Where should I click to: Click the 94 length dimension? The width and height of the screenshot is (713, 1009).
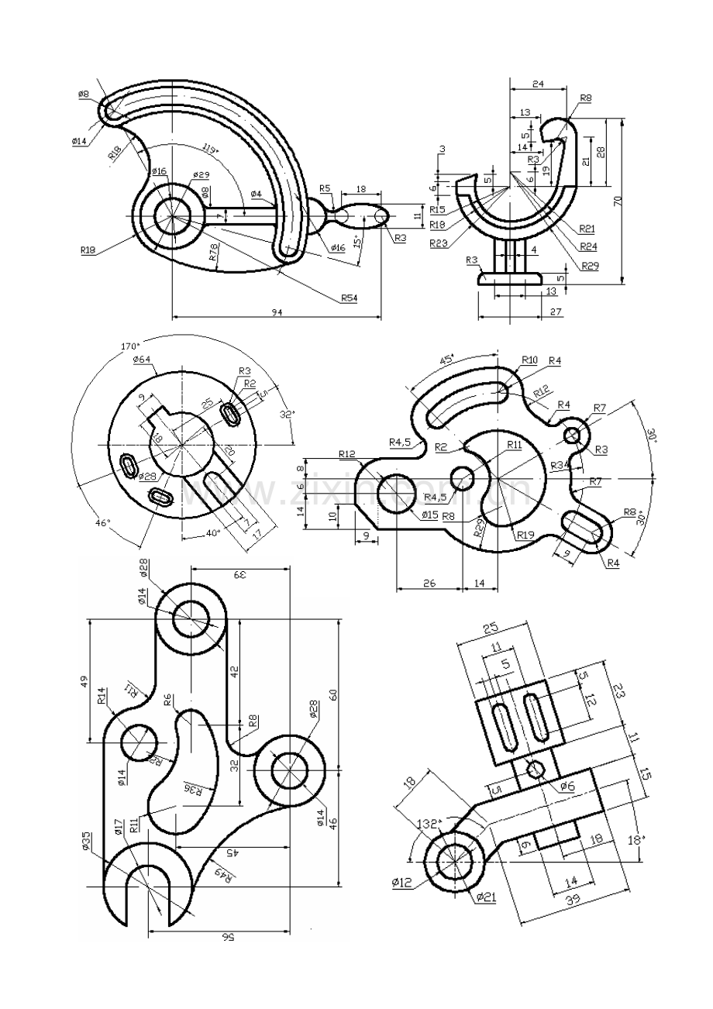pyautogui.click(x=277, y=312)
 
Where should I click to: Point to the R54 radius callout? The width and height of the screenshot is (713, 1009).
pyautogui.click(x=348, y=296)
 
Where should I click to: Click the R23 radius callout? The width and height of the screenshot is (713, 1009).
pyautogui.click(x=439, y=243)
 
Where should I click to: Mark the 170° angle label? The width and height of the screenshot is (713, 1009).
pyautogui.click(x=129, y=346)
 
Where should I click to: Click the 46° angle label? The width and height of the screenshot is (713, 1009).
pyautogui.click(x=103, y=523)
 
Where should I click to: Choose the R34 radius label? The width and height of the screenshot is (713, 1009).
pyautogui.click(x=560, y=465)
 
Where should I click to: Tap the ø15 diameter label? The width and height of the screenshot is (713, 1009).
pyautogui.click(x=430, y=514)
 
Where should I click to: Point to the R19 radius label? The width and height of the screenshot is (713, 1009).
pyautogui.click(x=525, y=533)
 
